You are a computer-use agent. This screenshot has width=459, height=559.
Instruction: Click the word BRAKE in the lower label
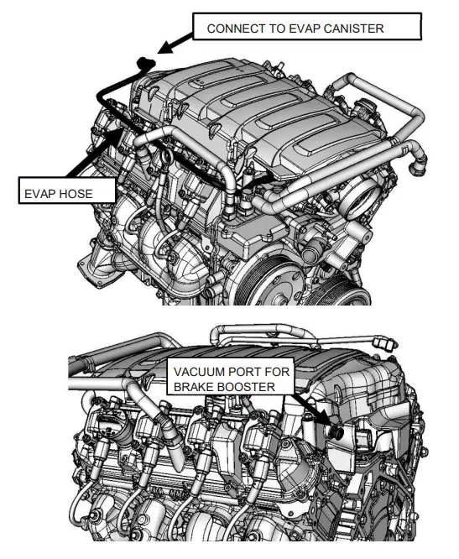pos(194,386)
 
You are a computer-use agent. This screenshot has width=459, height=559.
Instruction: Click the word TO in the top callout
pos(277,29)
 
